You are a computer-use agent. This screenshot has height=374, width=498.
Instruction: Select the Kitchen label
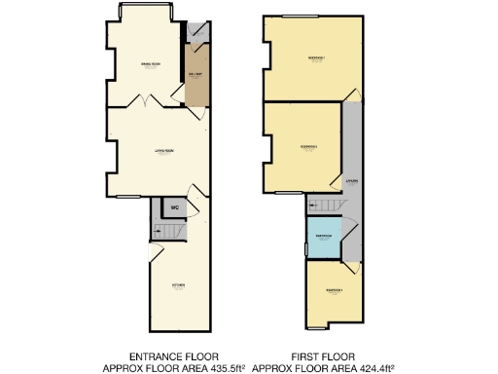[178, 285]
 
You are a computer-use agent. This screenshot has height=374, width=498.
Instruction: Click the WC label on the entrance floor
[173, 207]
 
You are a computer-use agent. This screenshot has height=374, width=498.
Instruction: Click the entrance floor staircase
[169, 232]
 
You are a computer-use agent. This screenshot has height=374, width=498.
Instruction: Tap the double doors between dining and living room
[145, 101]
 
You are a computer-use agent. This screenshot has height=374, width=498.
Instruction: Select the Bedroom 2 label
[309, 147]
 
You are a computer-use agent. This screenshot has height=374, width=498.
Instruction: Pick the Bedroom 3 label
[334, 290]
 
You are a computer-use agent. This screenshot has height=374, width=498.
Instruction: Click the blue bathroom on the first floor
[322, 239]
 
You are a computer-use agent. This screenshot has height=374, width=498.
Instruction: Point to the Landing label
[351, 181]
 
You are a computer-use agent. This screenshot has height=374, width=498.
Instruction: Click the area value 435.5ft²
[221, 368]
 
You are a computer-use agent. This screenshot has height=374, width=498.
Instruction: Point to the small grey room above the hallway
[197, 31]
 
